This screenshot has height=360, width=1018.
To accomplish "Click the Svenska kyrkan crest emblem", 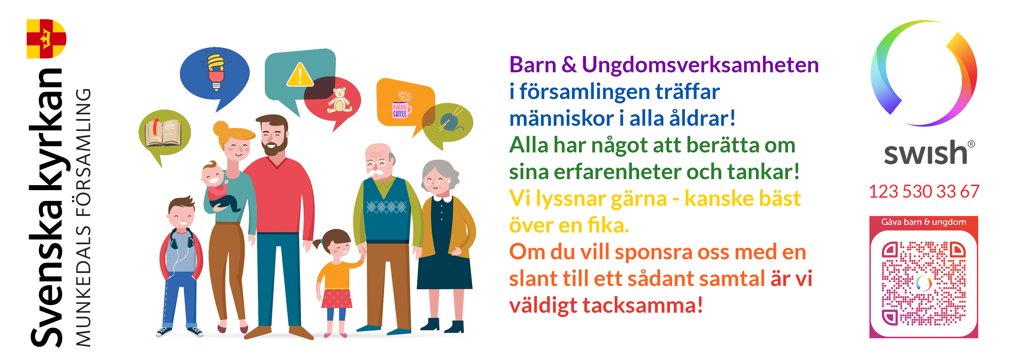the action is pyautogui.click(x=46, y=39).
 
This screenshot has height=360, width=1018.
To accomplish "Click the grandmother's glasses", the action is pyautogui.click(x=434, y=182).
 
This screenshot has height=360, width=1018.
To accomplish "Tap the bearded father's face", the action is pyautogui.click(x=273, y=137).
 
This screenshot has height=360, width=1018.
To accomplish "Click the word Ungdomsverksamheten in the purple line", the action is pyautogui.click(x=700, y=65).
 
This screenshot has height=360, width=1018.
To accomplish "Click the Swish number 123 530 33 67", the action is pyautogui.click(x=924, y=192).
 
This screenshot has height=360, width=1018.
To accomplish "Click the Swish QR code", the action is pyautogui.click(x=924, y=283).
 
